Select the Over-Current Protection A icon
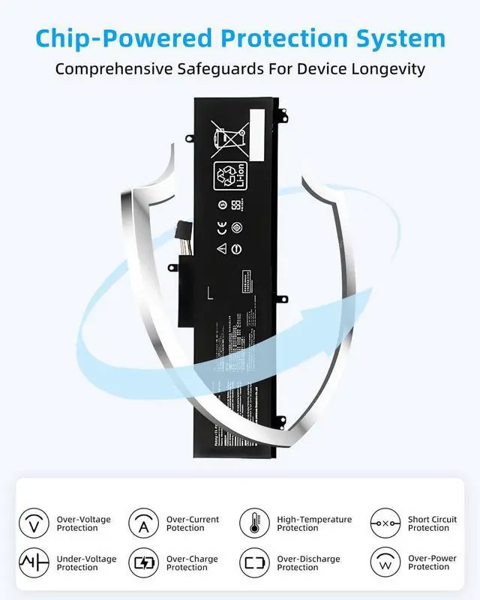(143, 523)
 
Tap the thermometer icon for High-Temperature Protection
(254, 523)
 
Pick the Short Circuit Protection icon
(385, 523)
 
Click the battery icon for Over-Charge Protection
(143, 562)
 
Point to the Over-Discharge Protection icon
(254, 562)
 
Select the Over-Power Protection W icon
(385, 562)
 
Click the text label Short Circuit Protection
(432, 523)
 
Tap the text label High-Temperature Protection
(314, 523)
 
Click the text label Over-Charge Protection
(193, 563)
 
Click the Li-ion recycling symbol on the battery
(228, 177)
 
